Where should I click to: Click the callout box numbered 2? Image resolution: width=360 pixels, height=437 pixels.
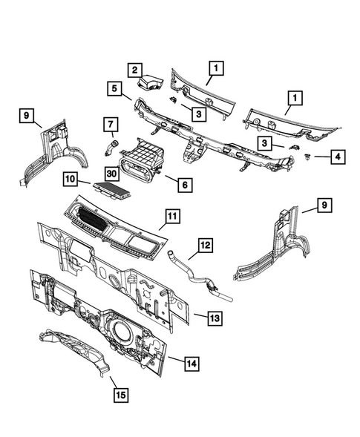(134, 70)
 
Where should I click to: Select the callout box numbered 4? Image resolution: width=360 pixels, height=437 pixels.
(317, 157)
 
